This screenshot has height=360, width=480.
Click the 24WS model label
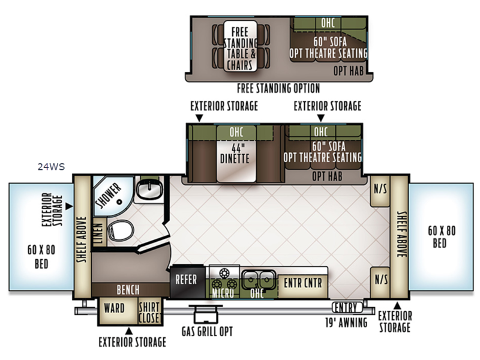click(51, 167)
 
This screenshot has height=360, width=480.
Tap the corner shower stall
click(111, 193)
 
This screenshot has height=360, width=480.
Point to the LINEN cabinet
click(98, 233)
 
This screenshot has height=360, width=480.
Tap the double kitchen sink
click(259, 279)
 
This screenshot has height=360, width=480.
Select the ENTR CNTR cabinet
click(303, 286)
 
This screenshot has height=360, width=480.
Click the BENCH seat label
click(128, 290)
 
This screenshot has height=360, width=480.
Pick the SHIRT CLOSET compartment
click(149, 311)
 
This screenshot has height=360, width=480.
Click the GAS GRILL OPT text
click(207, 331)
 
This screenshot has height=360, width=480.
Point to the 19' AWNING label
click(346, 322)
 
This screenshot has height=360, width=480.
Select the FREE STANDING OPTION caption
click(278, 88)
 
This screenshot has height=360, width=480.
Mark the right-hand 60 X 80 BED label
click(441, 236)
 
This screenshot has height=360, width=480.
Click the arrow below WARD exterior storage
click(129, 331)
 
